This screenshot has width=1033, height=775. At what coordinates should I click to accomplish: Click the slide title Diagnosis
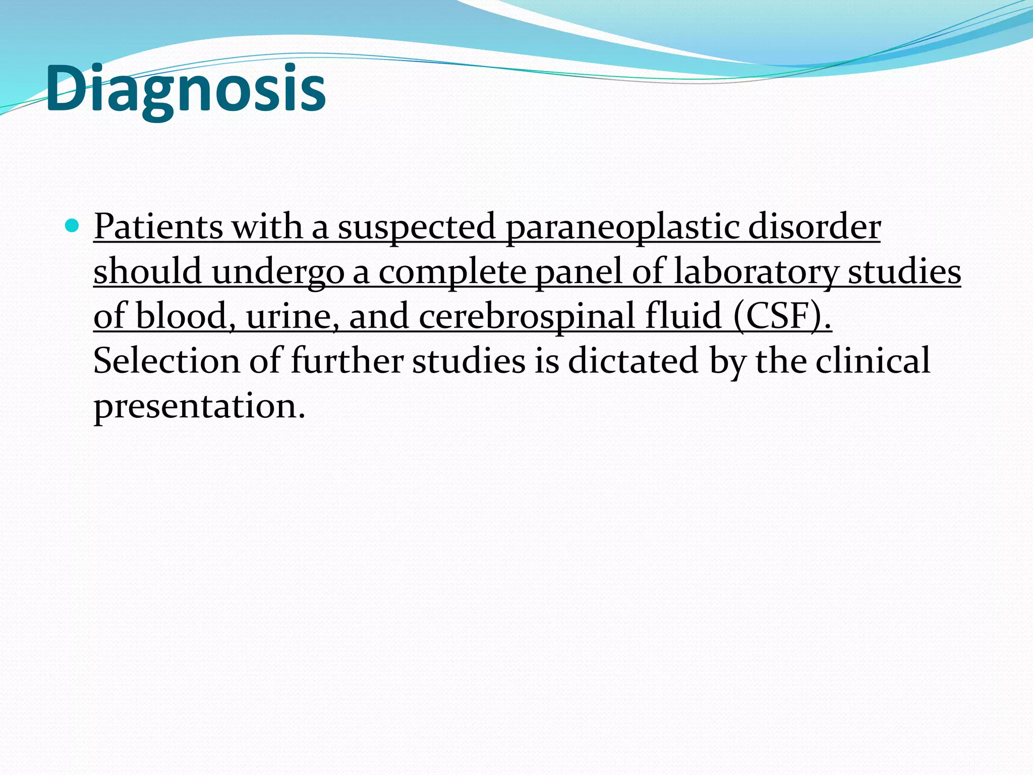point(186,89)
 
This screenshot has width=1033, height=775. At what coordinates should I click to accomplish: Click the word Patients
point(158,227)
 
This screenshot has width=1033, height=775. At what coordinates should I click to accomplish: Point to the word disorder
point(814,227)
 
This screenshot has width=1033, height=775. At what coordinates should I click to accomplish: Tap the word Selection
point(166,361)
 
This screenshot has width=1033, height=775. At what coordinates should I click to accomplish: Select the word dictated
point(633,361)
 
